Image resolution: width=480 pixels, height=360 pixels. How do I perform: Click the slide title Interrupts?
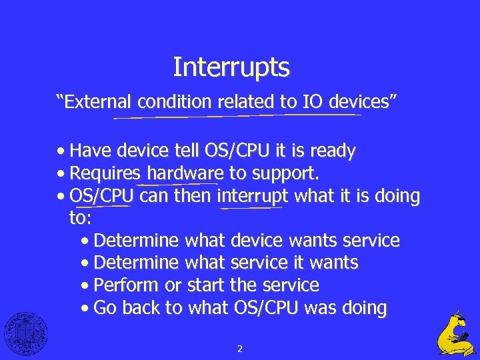pos(231,67)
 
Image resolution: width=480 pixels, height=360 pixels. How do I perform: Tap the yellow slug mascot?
pos(457,333)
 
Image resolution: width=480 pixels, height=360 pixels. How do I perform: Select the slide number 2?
pos(239,348)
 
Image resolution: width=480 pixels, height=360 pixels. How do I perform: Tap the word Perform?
pos(126,285)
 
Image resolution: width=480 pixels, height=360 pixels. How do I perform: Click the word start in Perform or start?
pos(205,285)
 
